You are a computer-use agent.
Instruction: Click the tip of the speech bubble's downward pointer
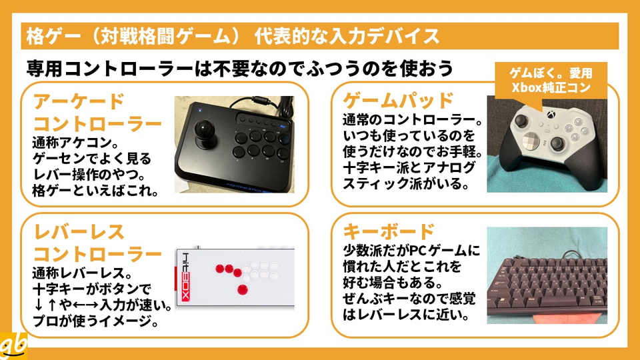(x=541, y=112)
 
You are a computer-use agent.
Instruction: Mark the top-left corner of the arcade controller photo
(x=175, y=96)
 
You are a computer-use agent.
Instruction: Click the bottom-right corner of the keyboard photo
(x=607, y=324)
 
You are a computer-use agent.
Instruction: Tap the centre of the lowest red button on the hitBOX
(x=243, y=290)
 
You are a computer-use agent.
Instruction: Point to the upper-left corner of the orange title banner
(x=21, y=23)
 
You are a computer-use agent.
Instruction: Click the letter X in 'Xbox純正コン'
(x=516, y=87)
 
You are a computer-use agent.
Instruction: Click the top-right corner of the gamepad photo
(x=607, y=96)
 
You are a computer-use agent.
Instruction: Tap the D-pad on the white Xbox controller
(x=531, y=141)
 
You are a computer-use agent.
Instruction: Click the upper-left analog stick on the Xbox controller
(x=521, y=121)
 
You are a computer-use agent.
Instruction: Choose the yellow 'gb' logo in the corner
(x=13, y=346)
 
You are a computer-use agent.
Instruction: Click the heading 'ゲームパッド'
(x=399, y=101)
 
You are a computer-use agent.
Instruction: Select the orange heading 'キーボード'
(x=389, y=231)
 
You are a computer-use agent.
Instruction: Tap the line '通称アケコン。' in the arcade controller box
(x=75, y=143)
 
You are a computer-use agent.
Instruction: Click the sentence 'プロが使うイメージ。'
(x=96, y=321)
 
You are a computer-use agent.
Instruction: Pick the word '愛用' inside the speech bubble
(x=581, y=73)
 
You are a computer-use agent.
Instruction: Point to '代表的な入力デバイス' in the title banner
(x=347, y=36)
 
